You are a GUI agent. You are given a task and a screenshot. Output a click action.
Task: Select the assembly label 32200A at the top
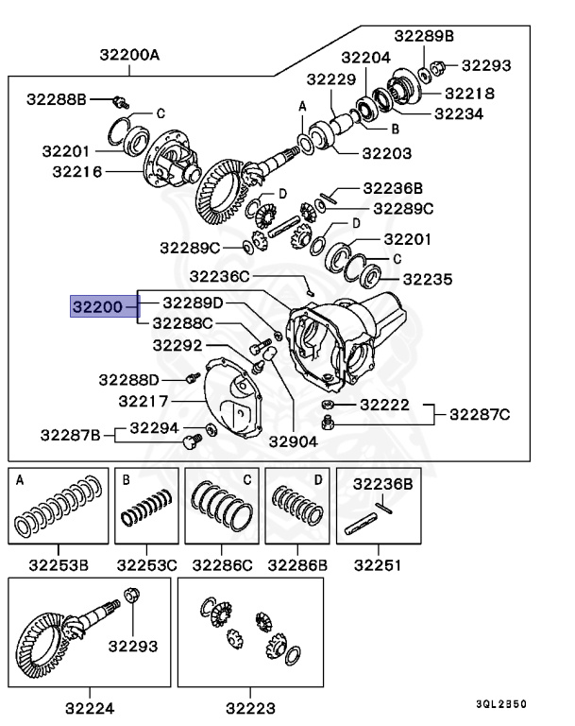click(x=129, y=55)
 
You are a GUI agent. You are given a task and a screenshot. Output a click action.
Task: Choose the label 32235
click(x=428, y=279)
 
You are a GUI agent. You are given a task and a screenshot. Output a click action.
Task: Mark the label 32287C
click(x=479, y=413)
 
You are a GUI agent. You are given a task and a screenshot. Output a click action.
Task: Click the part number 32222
click(x=384, y=404)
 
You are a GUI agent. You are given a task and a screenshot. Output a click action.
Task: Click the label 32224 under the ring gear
click(x=90, y=706)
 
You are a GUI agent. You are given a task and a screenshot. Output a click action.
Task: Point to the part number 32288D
click(x=131, y=380)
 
